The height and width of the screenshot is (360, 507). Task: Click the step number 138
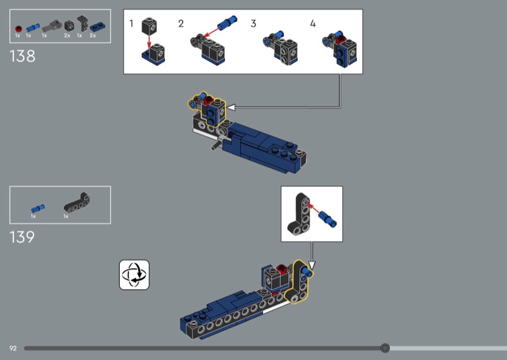22,56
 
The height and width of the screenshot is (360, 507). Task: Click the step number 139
22,237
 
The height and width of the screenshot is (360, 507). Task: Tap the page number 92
13,349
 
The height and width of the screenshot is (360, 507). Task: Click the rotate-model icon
134,274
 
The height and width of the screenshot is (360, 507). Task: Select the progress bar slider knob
385,348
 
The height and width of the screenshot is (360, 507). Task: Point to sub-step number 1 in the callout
131,23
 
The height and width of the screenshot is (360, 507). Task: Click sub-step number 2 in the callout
181,23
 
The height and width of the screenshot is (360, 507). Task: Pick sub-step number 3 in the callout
253,23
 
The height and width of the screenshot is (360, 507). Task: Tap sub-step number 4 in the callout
312,23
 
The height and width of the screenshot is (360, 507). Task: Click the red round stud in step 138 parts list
18,29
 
